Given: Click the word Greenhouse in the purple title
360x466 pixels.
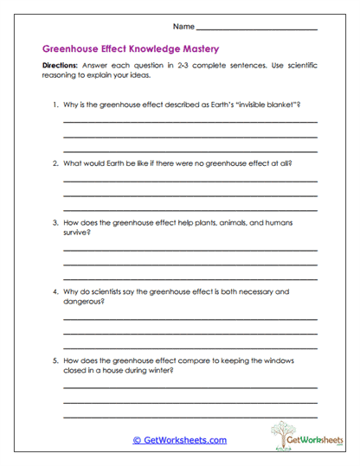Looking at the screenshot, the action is (x=73, y=49).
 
